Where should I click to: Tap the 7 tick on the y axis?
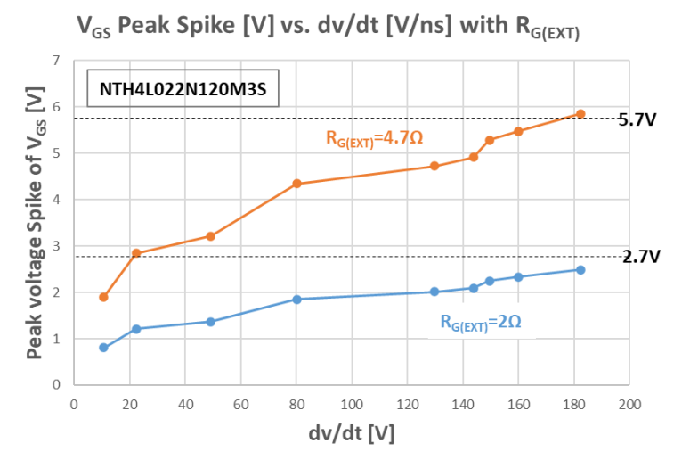point(56,61)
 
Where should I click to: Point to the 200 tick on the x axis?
point(629,404)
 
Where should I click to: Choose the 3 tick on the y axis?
point(56,246)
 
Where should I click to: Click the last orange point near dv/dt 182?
point(580,113)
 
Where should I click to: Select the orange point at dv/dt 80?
point(296,184)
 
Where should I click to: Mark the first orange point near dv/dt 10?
point(103,297)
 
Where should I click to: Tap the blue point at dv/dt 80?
point(296,300)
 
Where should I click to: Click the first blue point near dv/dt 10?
point(103,348)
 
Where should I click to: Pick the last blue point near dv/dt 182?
point(580,270)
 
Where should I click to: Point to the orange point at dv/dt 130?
point(434,166)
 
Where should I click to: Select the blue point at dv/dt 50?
point(211,322)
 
